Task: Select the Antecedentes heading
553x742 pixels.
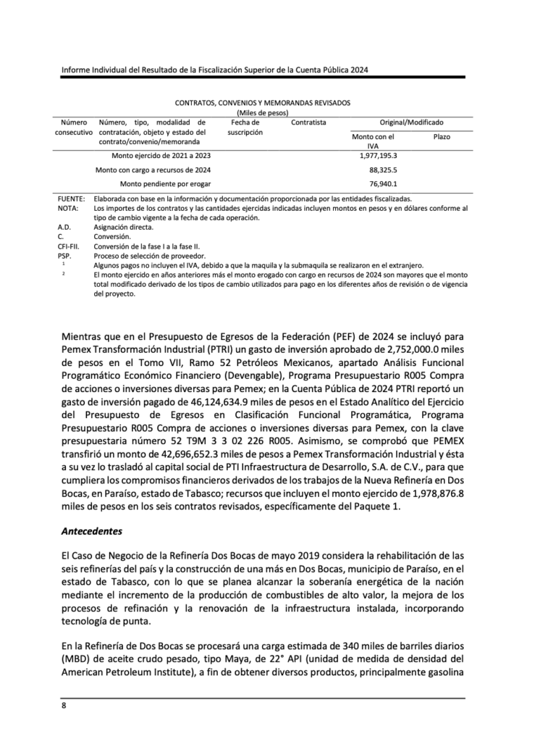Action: point(91,530)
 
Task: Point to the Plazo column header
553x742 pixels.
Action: point(442,136)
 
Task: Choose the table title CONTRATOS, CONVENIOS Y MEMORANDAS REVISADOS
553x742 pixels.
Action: point(263,104)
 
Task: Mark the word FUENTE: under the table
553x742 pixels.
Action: point(71,199)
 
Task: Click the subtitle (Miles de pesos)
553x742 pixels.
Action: point(263,113)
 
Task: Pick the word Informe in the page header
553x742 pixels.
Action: point(77,70)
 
